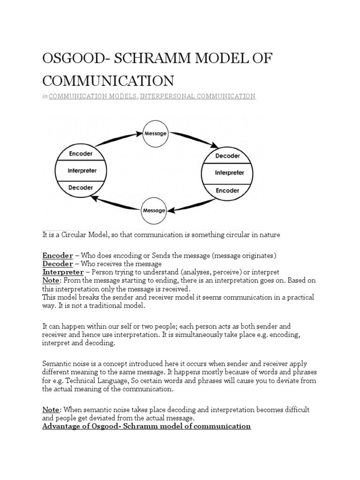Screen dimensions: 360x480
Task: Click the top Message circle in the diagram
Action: (x=155, y=134)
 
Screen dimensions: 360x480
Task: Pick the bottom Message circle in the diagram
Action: (x=154, y=210)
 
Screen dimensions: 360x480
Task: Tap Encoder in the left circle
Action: (x=81, y=154)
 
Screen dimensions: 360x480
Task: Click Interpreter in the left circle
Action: (x=82, y=171)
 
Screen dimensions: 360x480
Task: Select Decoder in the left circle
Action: (x=81, y=187)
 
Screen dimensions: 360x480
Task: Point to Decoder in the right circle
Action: (x=228, y=156)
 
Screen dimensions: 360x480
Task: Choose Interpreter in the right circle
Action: (x=229, y=172)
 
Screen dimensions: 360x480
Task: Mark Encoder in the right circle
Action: (x=228, y=191)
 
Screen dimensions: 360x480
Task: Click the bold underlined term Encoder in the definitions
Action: (x=58, y=255)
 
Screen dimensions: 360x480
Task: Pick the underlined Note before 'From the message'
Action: (x=51, y=280)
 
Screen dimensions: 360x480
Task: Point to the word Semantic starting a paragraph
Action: (x=57, y=364)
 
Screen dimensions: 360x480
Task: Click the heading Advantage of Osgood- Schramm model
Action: (x=147, y=426)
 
